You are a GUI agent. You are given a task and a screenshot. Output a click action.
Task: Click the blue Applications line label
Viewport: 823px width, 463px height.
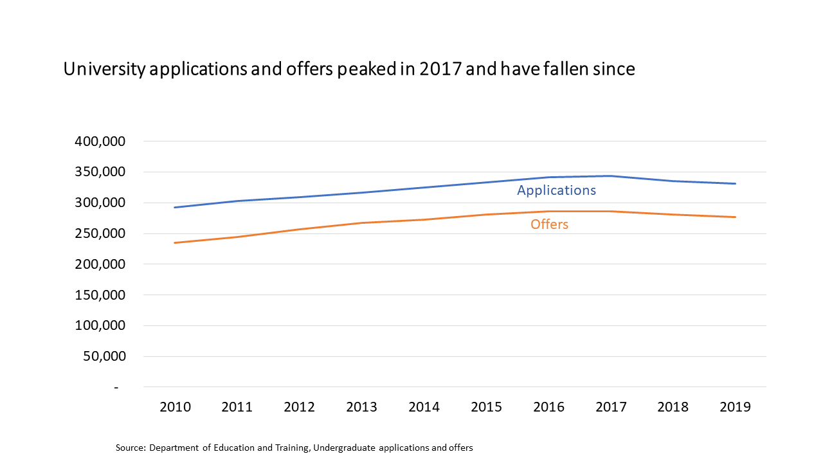click(556, 190)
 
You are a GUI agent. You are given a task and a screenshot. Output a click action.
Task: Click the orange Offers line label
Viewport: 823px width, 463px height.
click(549, 224)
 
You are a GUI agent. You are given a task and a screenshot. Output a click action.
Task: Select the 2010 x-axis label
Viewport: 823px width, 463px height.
click(175, 407)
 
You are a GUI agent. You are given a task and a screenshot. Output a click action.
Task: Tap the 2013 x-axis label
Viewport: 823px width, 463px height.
click(362, 407)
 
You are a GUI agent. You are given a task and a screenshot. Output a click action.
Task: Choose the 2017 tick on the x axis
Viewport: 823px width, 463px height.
click(611, 407)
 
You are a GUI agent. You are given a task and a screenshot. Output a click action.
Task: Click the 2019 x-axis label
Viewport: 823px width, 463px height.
click(735, 407)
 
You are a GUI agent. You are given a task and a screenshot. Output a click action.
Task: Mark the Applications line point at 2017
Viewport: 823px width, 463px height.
click(611, 176)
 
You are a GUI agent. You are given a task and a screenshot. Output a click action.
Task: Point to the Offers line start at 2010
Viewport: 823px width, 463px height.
click(175, 242)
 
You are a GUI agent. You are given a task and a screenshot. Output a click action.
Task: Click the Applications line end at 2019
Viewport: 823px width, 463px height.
click(735, 183)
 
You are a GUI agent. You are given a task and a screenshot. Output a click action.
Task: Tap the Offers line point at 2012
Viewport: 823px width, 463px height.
click(300, 229)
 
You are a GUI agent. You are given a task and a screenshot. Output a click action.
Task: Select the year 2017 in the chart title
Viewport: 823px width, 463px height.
click(440, 69)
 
